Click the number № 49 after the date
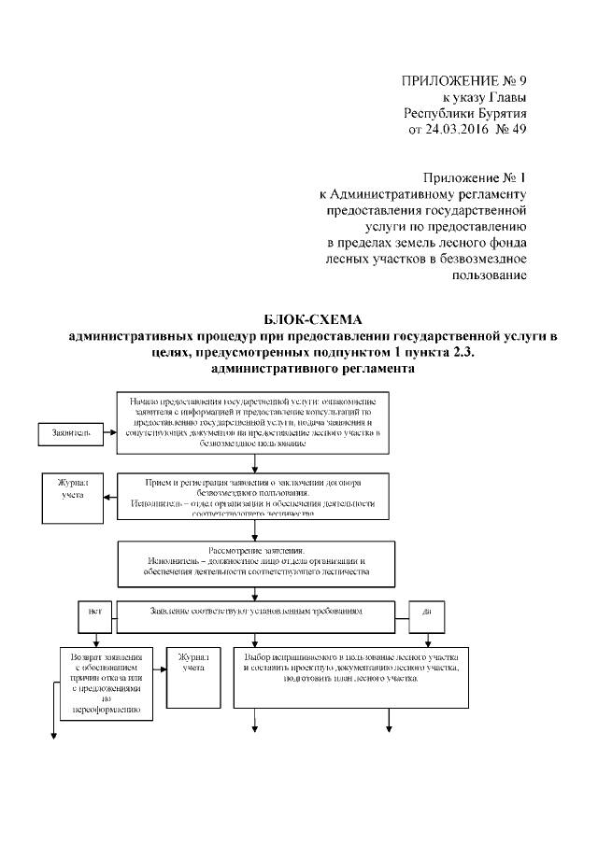(510, 129)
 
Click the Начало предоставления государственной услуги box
(251, 423)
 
